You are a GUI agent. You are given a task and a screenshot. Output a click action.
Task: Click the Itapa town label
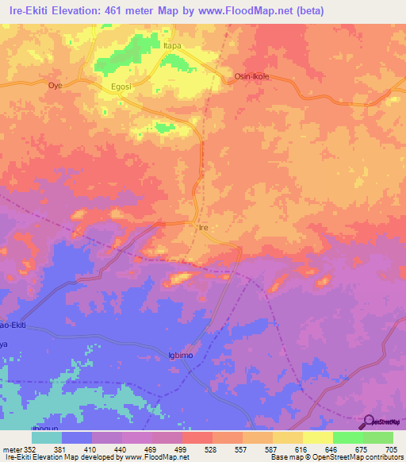point(172,46)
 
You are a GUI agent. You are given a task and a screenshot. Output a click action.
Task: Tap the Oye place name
point(55,85)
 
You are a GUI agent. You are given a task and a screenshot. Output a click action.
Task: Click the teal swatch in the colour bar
point(46,437)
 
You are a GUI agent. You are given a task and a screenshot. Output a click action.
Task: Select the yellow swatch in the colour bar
point(317,437)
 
